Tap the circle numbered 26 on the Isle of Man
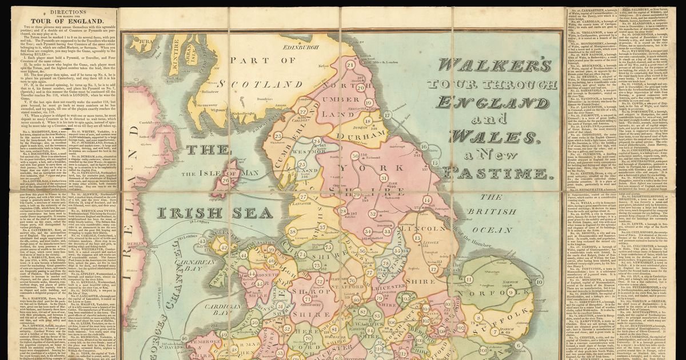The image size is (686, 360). (225, 181)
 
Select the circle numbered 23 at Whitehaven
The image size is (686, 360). (278, 136)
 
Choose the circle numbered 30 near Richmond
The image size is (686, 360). (355, 155)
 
